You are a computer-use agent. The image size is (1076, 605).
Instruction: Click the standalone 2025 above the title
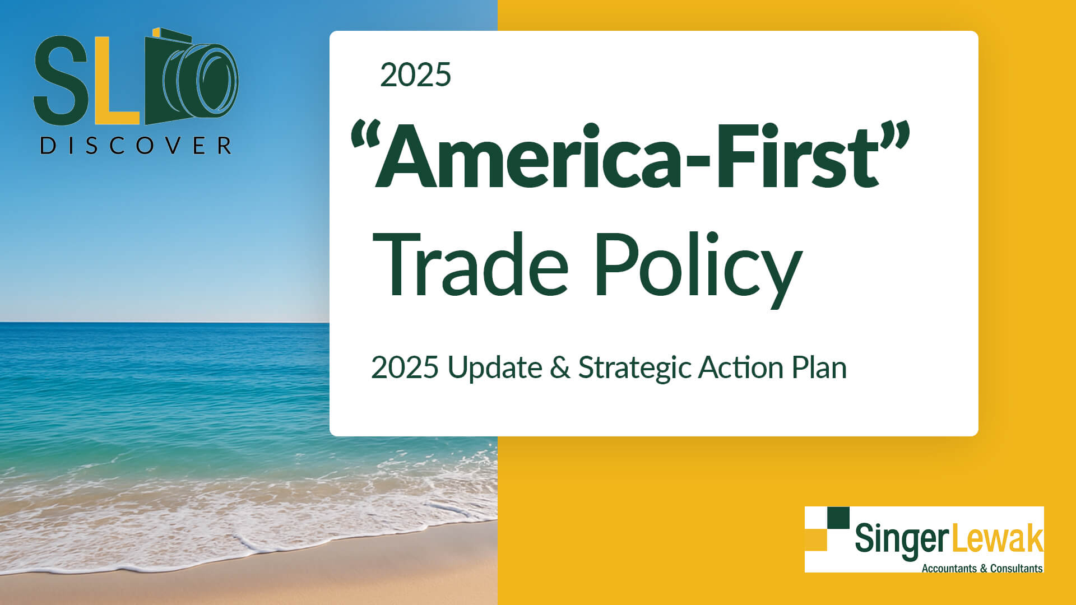point(415,75)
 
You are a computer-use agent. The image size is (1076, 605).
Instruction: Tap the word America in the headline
point(527,156)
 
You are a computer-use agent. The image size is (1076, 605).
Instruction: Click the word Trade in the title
point(471,264)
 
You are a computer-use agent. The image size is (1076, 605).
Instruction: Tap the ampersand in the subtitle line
point(560,368)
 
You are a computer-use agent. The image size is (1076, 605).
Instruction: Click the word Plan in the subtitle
point(819,368)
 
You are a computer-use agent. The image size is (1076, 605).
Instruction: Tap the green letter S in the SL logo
point(61,80)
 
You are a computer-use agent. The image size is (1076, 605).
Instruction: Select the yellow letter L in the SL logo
point(116,81)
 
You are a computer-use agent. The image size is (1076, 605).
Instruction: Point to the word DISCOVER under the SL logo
point(136,146)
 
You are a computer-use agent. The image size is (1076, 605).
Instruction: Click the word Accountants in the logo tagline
point(949,568)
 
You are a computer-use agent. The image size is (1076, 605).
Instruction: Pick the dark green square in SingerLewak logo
point(838,518)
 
